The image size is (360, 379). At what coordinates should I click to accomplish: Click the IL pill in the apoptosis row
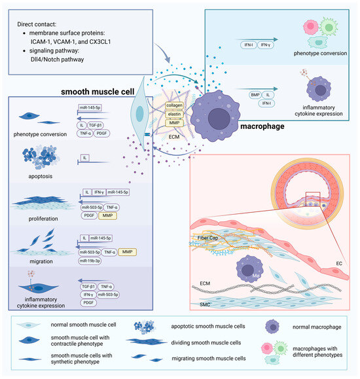click(x=84, y=158)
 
